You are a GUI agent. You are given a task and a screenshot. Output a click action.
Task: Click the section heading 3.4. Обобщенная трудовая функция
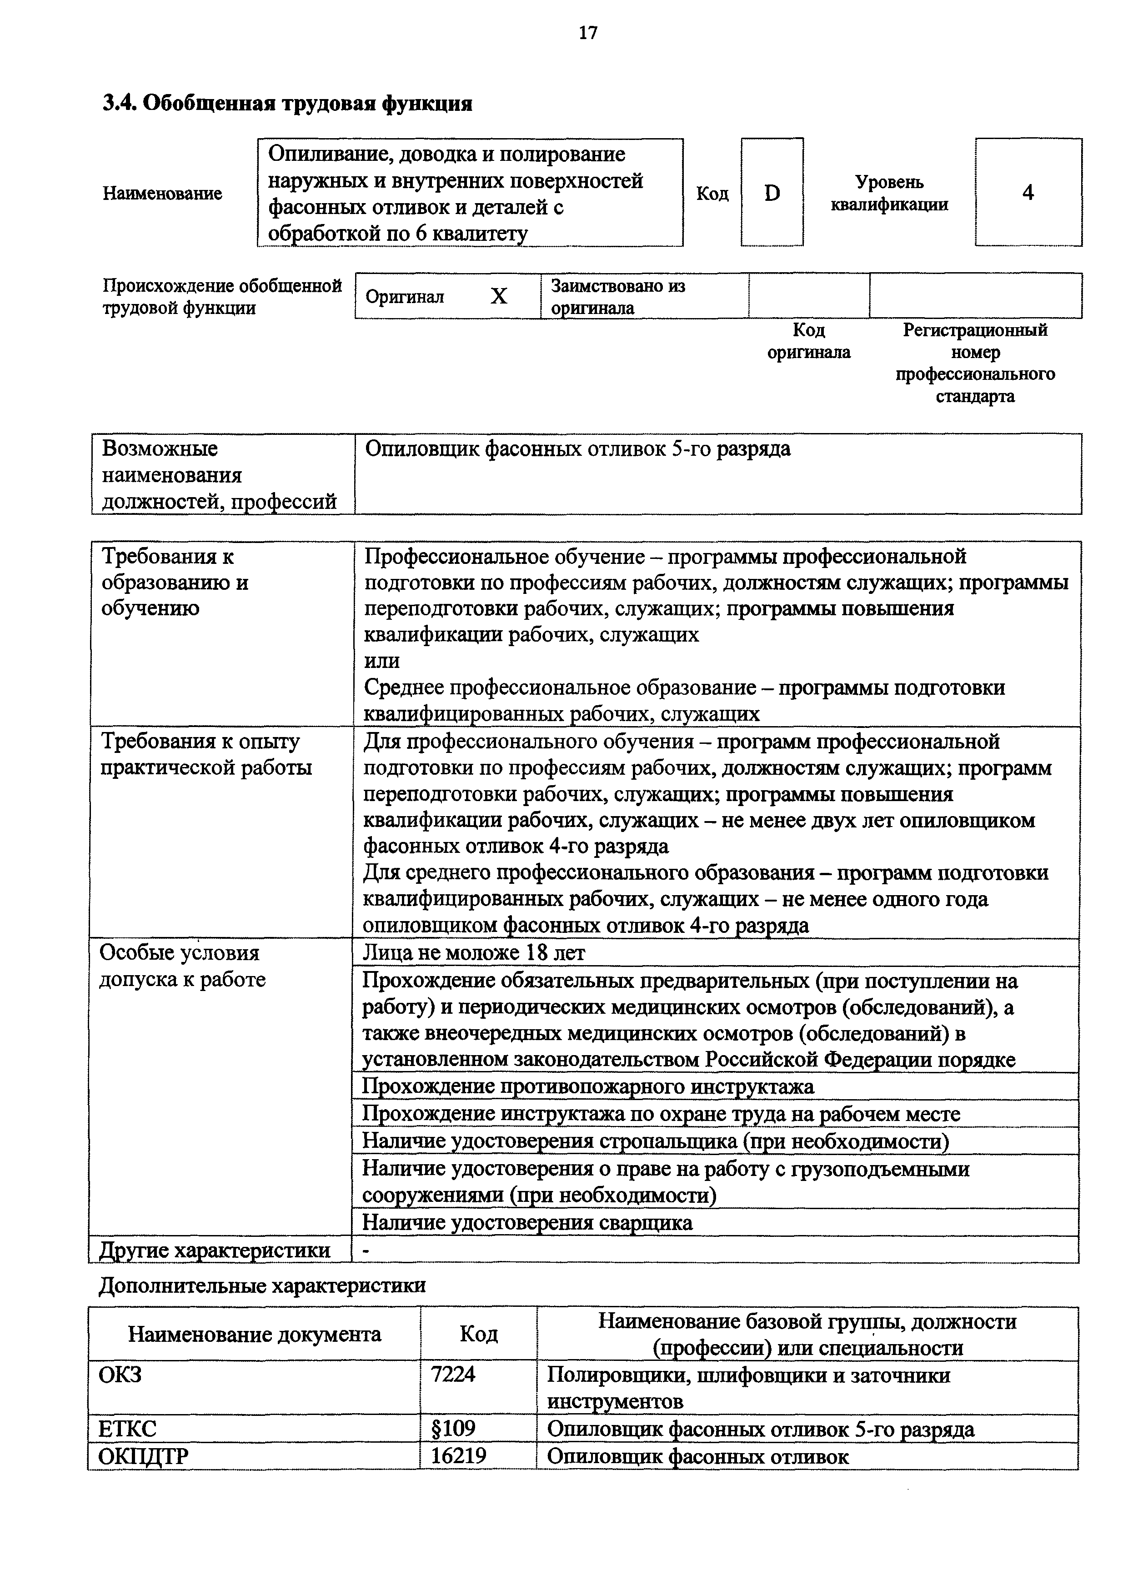coord(287,104)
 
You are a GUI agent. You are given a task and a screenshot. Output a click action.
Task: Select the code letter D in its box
coord(772,193)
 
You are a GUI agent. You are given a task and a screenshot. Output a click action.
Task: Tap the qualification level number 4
coord(1028,192)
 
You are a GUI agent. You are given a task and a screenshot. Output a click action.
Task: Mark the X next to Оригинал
coord(499,296)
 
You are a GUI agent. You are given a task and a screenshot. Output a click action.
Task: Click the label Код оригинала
coord(808,341)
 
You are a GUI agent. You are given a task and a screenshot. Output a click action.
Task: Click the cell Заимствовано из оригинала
coord(618,296)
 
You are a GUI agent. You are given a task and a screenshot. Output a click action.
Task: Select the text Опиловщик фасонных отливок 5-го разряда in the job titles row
coord(577,449)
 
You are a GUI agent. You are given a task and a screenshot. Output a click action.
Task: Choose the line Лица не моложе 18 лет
coord(474,952)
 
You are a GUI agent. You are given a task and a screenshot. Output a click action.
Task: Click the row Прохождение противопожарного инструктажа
coord(587,1086)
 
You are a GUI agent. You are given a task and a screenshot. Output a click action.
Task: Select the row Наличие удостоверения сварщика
coord(527,1222)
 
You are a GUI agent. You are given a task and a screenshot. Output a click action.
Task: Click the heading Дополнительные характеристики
coord(262,1285)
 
